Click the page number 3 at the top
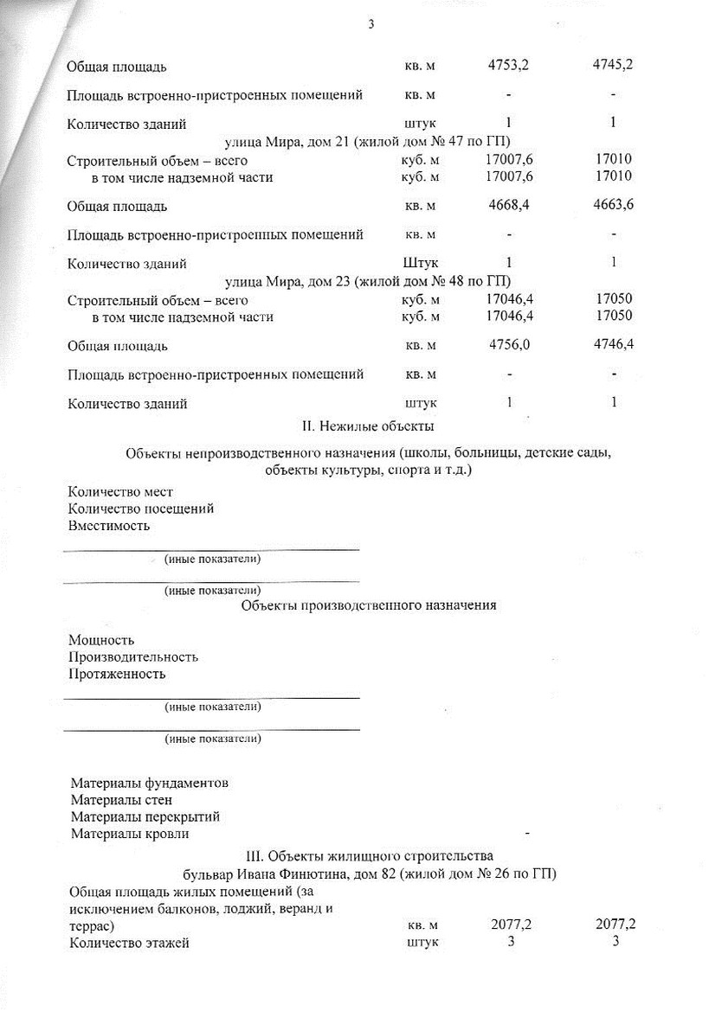371,24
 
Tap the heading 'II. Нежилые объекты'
367,426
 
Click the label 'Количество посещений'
141,509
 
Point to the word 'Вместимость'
109,525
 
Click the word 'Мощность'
101,640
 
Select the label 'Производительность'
133,657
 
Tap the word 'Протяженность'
117,674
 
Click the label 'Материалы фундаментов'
150,783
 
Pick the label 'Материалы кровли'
130,835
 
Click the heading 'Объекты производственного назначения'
368,605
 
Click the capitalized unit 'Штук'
421,263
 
